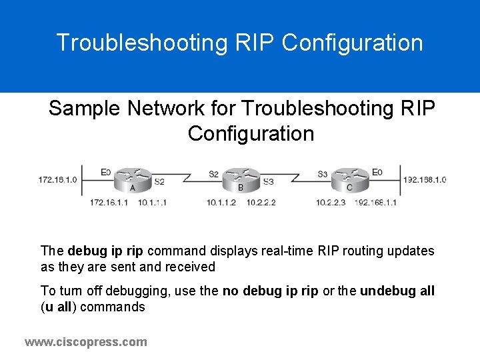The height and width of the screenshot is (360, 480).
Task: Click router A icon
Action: [132, 179]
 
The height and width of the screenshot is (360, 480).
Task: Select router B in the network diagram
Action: [241, 179]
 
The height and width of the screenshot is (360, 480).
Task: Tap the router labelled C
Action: [350, 179]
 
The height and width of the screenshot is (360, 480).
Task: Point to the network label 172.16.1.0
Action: [57, 179]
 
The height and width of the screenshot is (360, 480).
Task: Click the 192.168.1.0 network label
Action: [424, 179]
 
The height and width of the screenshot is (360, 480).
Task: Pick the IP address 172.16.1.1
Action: [109, 203]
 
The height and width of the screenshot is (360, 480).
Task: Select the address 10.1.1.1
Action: [153, 203]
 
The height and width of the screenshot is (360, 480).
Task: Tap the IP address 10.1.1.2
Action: [221, 203]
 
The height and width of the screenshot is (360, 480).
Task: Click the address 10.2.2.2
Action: [261, 203]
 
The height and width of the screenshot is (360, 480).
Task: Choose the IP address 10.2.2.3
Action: [331, 203]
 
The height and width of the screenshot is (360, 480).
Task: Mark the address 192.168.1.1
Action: [375, 203]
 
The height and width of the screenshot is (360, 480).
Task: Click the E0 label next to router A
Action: [106, 172]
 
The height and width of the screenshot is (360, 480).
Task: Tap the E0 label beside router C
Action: [377, 172]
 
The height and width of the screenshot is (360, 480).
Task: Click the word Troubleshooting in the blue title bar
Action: [143, 43]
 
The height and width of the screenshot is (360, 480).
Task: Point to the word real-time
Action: [286, 251]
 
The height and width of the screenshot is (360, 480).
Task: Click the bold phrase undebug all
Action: [397, 291]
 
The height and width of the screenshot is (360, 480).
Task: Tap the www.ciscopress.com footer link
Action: [85, 342]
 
